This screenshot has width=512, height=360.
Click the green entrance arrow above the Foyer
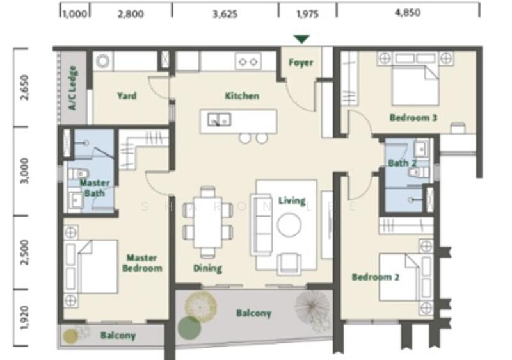301,39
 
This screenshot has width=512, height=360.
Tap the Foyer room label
301,62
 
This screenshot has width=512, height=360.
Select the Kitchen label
242,95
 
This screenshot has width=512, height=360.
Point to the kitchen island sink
219,119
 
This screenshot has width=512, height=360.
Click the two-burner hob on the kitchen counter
248,61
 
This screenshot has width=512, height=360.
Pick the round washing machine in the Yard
103,61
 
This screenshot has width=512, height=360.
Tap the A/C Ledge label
72,88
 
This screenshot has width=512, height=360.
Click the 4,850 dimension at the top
408,12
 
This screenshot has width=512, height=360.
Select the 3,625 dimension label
225,13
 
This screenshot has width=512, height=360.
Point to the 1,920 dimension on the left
24,318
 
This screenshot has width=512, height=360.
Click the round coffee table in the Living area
289,225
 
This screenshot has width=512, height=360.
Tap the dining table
207,222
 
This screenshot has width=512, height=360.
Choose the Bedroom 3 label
413,118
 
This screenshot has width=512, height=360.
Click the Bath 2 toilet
419,172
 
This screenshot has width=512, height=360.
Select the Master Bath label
95,188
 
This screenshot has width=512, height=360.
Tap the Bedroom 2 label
376,277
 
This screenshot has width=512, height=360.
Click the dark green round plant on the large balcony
189,328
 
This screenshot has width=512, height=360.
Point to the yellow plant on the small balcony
70,337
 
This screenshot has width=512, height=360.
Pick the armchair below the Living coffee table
289,263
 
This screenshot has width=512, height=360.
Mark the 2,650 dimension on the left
24,87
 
